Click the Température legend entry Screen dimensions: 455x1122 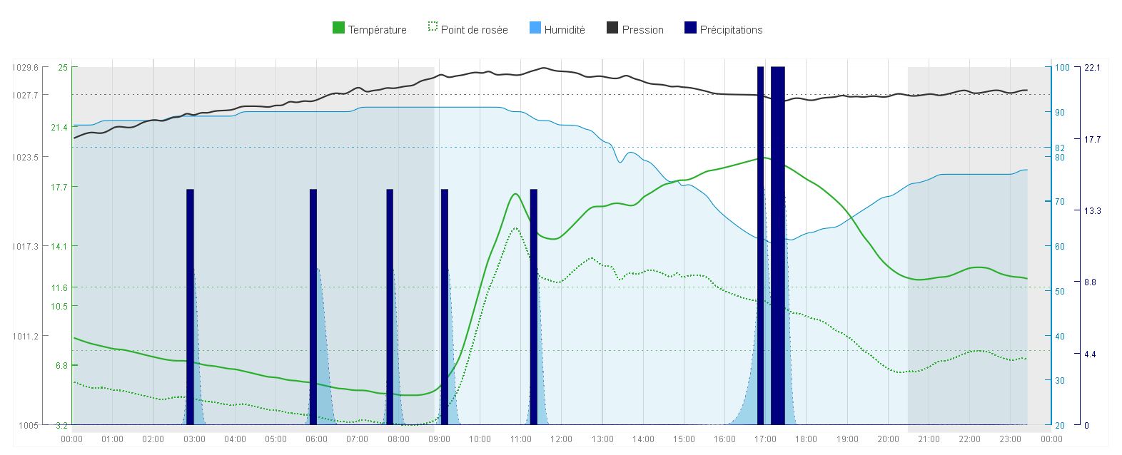pos(370,29)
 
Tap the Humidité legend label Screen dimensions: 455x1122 pos(557,29)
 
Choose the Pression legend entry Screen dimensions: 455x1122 pos(635,29)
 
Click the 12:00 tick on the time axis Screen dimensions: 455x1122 pos(561,439)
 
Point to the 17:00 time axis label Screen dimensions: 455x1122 pos(765,439)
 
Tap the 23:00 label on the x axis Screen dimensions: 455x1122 pos(1010,439)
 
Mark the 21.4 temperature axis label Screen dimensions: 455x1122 pos(59,128)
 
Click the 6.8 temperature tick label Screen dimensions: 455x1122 pos(61,365)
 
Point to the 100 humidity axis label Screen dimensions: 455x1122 pos(1061,68)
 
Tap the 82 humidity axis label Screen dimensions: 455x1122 pos(1059,148)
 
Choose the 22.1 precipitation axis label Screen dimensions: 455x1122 pos(1092,68)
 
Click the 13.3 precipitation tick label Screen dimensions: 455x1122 pos(1092,211)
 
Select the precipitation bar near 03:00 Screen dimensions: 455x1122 pos(190,307)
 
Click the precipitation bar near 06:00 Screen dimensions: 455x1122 pos(313,307)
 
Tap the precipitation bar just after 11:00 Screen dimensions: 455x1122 pos(534,307)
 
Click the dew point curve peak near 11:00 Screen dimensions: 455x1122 pos(515,228)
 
